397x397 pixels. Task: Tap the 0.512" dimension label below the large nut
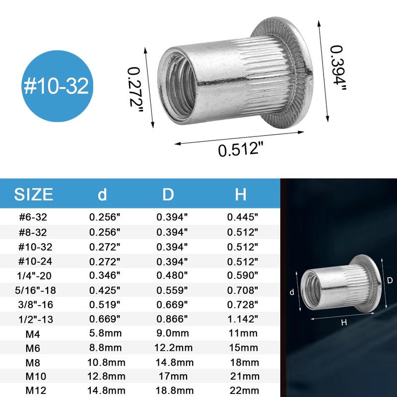point(240,148)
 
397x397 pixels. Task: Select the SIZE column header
point(33,194)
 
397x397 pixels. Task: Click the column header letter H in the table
point(241,194)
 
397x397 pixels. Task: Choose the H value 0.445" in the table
point(243,216)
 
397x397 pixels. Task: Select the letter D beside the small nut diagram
point(390,280)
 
